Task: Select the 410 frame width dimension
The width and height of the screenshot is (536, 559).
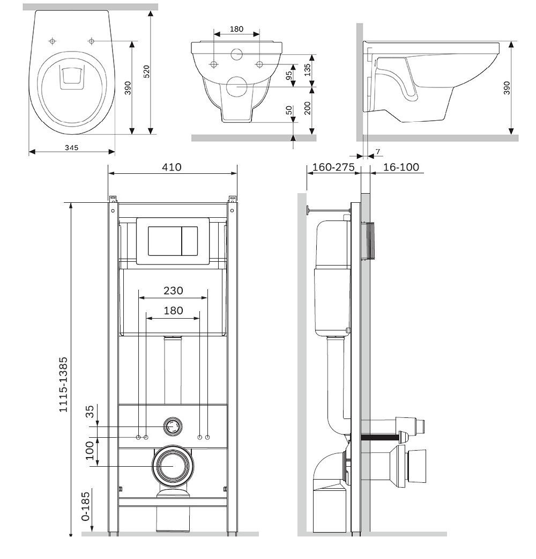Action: (172, 167)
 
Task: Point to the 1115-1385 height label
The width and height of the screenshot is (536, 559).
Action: (64, 384)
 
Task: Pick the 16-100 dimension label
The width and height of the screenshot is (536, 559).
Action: (401, 167)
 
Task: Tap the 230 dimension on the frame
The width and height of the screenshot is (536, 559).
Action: (173, 291)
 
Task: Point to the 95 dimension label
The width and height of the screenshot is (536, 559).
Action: (289, 75)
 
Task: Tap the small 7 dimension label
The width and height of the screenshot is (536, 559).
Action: (378, 152)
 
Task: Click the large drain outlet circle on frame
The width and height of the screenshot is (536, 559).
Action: (173, 466)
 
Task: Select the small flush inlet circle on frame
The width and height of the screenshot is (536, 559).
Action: (173, 426)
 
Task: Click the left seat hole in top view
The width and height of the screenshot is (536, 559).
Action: (53, 41)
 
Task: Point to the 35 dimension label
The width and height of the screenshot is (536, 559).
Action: (90, 411)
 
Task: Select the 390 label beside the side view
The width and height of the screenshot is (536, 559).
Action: (507, 87)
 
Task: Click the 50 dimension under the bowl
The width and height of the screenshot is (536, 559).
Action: (289, 111)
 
